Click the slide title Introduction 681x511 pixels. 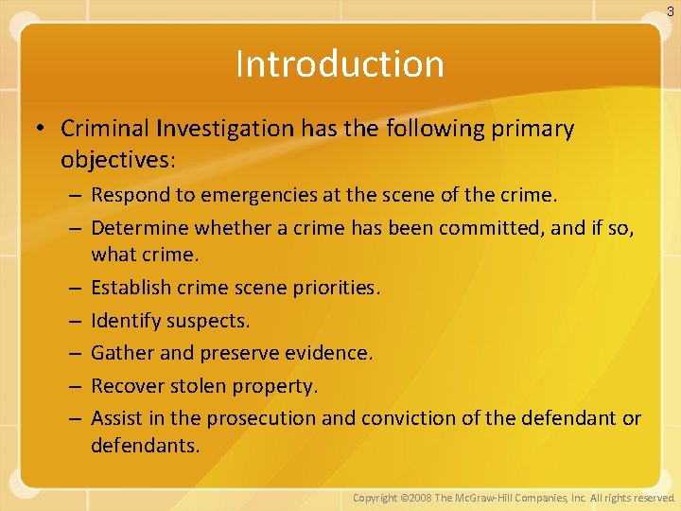(340, 64)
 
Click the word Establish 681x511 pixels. (130, 288)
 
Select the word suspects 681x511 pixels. (208, 321)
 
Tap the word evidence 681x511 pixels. (334, 353)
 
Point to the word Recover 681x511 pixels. (127, 386)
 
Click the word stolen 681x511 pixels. (197, 386)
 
